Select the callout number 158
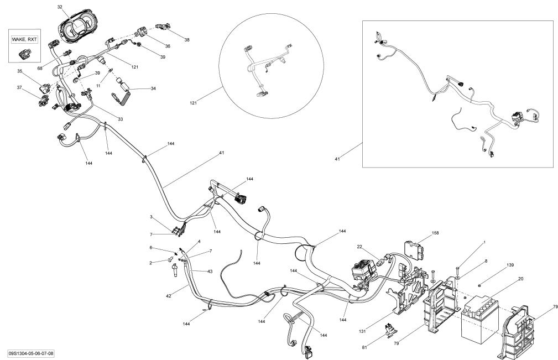[435, 233]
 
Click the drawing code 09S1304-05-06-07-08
[34, 353]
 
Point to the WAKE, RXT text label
[24, 40]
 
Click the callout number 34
[153, 88]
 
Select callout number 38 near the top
[187, 40]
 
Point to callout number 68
[40, 68]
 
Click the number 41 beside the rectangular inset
[337, 159]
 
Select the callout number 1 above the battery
[484, 242]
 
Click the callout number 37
[19, 87]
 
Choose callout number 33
[119, 118]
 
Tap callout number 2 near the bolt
[150, 263]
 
